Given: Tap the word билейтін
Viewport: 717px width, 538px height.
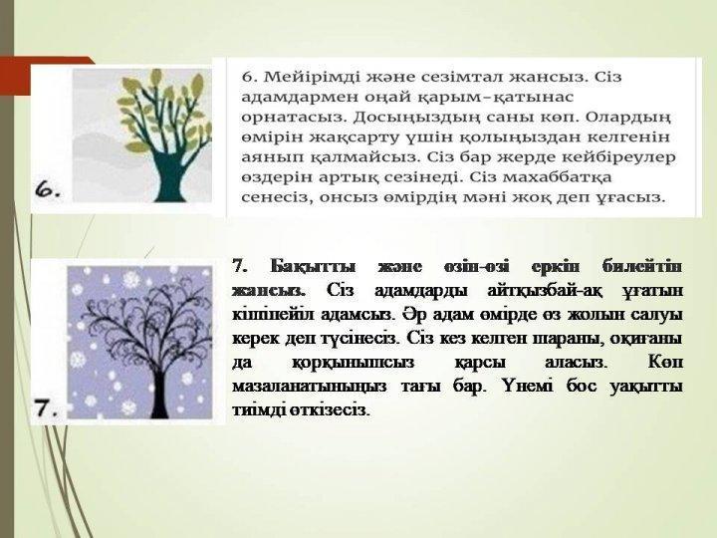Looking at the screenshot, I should click(643, 265).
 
